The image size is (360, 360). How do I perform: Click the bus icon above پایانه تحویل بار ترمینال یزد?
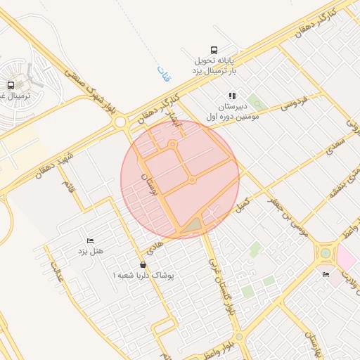[x=214, y=51]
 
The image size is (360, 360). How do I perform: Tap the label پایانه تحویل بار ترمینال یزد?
[x=214, y=66]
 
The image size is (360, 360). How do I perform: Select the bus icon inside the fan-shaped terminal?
[x=11, y=85]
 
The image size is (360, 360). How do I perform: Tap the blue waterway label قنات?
[x=165, y=72]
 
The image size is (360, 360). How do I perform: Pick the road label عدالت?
[x=56, y=272]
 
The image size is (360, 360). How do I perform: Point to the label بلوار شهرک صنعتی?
[x=90, y=90]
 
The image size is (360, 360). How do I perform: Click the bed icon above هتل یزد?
[x=89, y=240]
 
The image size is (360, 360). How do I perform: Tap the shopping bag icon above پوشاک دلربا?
[x=143, y=265]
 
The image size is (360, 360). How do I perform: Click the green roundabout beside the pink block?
[x=326, y=253]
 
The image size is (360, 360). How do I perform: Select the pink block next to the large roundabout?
[x=347, y=256]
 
